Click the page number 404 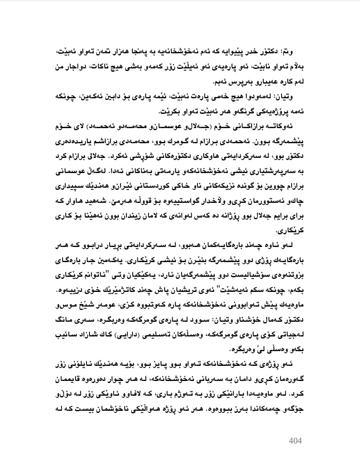[296, 440]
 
